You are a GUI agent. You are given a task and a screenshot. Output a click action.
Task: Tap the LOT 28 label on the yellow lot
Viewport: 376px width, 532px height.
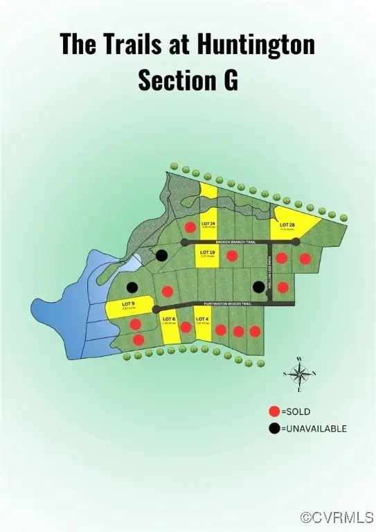(x=288, y=224)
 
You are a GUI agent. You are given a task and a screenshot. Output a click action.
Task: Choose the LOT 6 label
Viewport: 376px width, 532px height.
(x=169, y=319)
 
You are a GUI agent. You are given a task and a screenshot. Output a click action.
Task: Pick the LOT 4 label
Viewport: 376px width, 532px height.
(x=202, y=319)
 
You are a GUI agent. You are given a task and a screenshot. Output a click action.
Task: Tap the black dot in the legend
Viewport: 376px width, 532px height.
(x=275, y=429)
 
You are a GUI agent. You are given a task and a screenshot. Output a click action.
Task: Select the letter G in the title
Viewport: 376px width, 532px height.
(x=230, y=80)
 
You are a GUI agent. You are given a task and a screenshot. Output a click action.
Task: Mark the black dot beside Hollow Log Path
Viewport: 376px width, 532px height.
(x=258, y=286)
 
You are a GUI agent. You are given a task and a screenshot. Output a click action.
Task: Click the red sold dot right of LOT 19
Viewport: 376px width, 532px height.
(x=233, y=256)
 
